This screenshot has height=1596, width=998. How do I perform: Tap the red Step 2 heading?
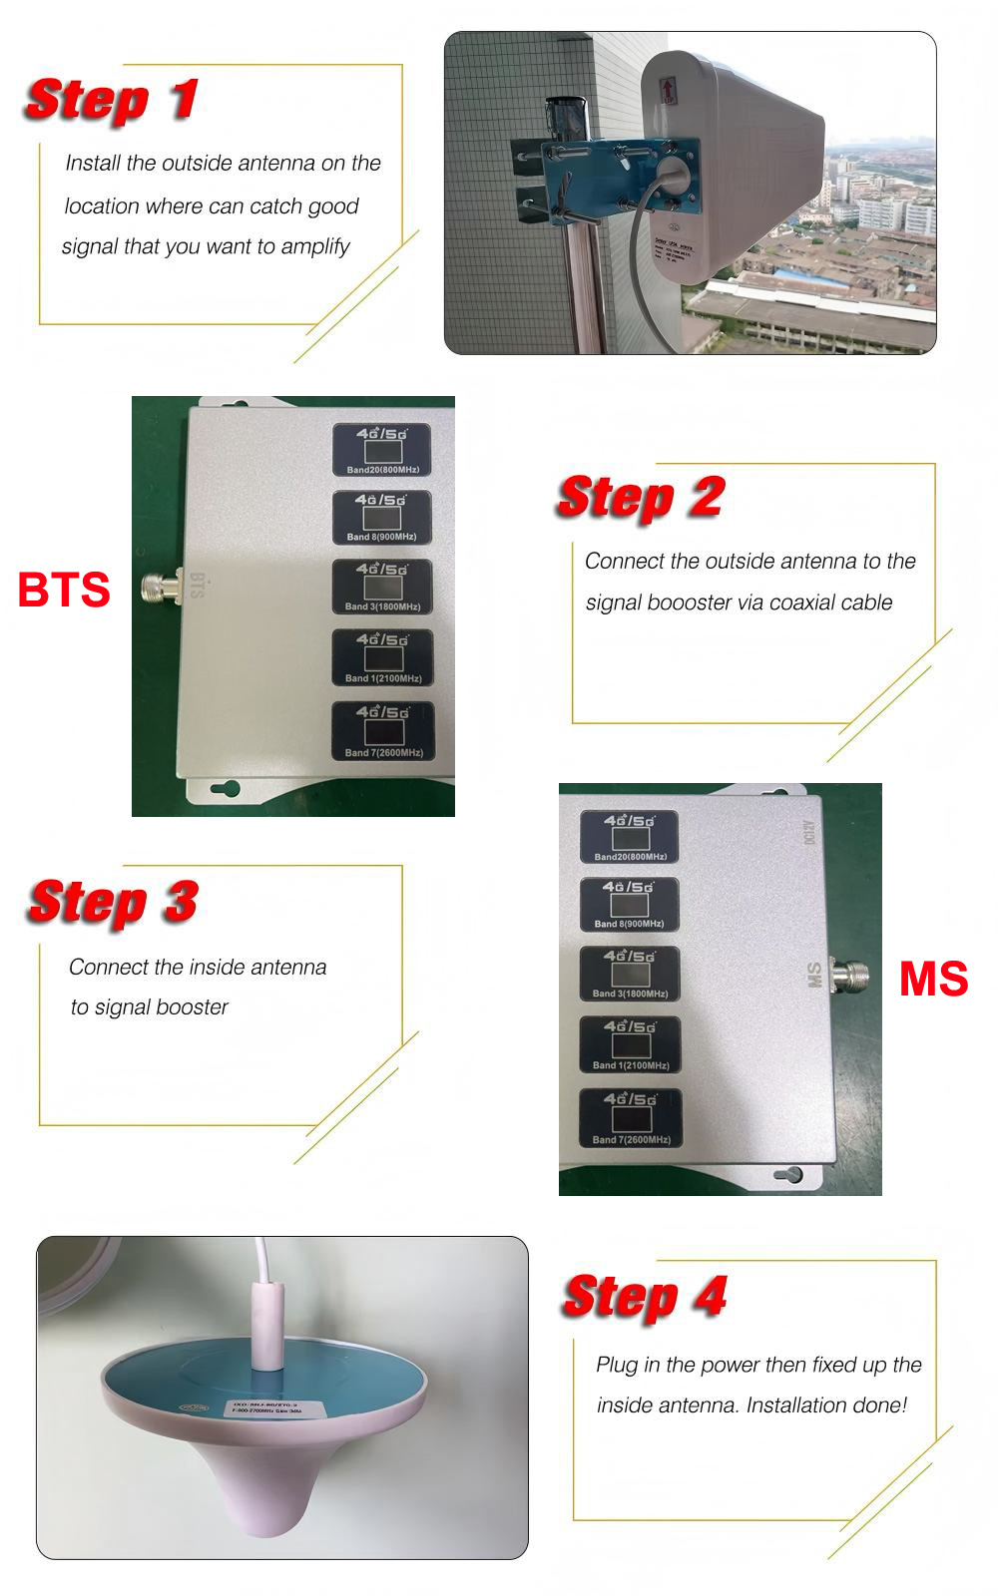pyautogui.click(x=641, y=498)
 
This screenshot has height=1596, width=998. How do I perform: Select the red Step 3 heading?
pyautogui.click(x=113, y=903)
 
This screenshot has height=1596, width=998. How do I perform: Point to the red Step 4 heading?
pyautogui.click(x=645, y=1298)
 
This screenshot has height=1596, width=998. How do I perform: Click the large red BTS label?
pyautogui.click(x=64, y=590)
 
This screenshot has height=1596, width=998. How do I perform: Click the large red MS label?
pyautogui.click(x=933, y=979)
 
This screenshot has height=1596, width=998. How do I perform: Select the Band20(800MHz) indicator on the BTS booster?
pyautogui.click(x=382, y=450)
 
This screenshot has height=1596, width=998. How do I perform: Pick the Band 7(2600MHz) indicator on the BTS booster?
pyautogui.click(x=383, y=732)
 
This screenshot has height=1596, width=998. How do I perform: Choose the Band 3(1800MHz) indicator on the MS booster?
pyautogui.click(x=630, y=974)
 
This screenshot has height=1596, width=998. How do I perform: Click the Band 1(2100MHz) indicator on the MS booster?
pyautogui.click(x=630, y=1044)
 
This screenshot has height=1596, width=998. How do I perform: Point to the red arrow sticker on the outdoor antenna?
pyautogui.click(x=667, y=91)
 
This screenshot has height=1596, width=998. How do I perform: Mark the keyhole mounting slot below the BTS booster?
pyautogui.click(x=227, y=789)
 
